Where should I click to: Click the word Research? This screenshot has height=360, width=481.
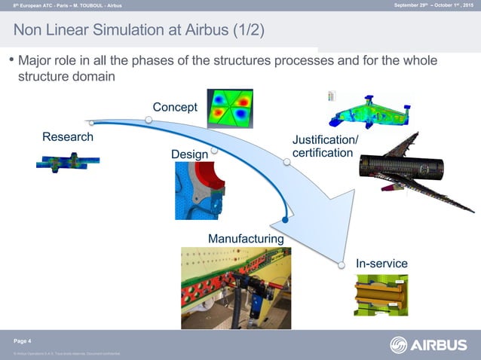click(x=68, y=137)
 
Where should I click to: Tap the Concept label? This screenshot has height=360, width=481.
click(x=175, y=106)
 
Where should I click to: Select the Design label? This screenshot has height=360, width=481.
click(x=189, y=154)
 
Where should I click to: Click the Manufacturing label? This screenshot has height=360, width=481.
click(x=246, y=239)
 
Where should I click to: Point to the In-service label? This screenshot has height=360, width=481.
click(x=381, y=264)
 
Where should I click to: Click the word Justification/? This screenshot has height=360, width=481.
click(x=325, y=140)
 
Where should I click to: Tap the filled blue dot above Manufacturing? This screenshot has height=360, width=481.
click(x=285, y=221)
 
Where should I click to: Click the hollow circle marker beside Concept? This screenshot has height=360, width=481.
click(x=149, y=119)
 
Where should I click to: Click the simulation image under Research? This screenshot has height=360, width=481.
click(x=67, y=162)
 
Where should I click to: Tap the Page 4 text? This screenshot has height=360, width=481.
click(x=23, y=341)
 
